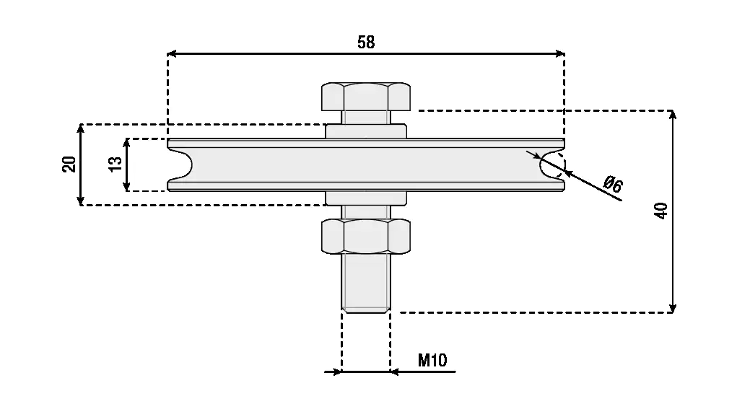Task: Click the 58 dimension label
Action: pyautogui.click(x=366, y=43)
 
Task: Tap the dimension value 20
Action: pyautogui.click(x=69, y=164)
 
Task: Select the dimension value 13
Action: pyautogui.click(x=115, y=164)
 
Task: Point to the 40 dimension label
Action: pyautogui.click(x=661, y=211)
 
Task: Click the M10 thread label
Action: pyautogui.click(x=432, y=360)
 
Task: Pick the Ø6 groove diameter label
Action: pyautogui.click(x=613, y=184)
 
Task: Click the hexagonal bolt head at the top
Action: pyautogui.click(x=366, y=97)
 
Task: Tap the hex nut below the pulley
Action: pyautogui.click(x=366, y=236)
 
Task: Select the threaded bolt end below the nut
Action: pyautogui.click(x=366, y=283)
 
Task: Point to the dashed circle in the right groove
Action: pyautogui.click(x=552, y=164)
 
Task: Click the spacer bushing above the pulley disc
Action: pyautogui.click(x=366, y=131)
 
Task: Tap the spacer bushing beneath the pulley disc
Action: pyautogui.click(x=366, y=198)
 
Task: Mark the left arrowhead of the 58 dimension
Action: pyautogui.click(x=172, y=53)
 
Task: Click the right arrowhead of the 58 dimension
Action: pyautogui.click(x=560, y=53)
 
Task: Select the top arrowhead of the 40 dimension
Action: pyautogui.click(x=673, y=115)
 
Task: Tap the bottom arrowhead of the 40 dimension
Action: pyautogui.click(x=673, y=308)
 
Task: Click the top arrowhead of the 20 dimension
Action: pyautogui.click(x=81, y=129)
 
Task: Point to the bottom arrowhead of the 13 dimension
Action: pyautogui.click(x=127, y=186)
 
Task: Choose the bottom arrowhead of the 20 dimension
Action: pyautogui.click(x=81, y=201)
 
